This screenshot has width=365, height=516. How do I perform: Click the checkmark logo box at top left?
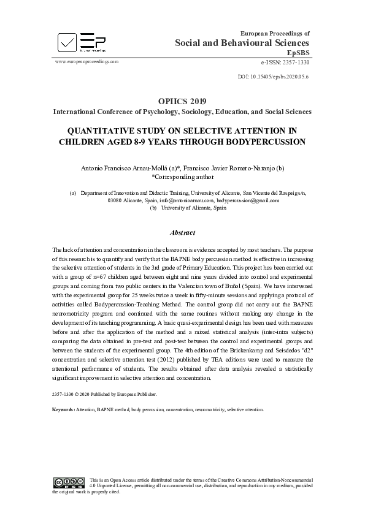tap(67, 42)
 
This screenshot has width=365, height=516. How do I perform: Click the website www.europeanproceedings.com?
tap(86, 62)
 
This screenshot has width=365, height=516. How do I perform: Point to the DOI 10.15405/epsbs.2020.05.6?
tap(272, 76)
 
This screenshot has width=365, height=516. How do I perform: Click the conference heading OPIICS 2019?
tap(182, 101)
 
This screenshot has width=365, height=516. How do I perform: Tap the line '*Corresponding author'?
tap(182, 176)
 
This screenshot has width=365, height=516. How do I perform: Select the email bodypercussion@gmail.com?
tap(248, 200)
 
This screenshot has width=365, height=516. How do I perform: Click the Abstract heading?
tap(182, 233)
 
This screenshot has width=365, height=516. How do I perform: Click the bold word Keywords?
tap(63, 409)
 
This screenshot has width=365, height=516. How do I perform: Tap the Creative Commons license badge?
tap(69, 482)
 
